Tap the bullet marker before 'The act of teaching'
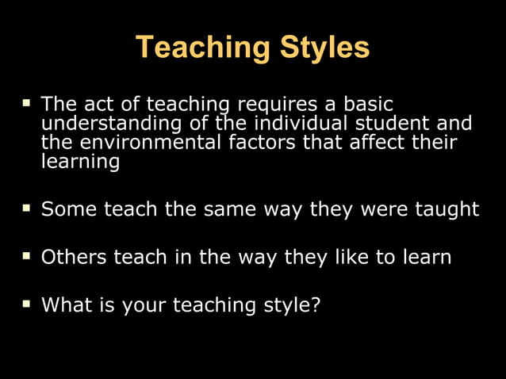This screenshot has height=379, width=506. [26, 103]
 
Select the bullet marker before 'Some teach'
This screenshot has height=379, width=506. [26, 209]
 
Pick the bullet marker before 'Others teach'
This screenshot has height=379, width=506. [26, 257]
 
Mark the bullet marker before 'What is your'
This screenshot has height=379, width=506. [26, 304]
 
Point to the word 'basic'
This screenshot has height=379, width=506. [367, 104]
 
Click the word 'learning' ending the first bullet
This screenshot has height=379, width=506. [80, 163]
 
